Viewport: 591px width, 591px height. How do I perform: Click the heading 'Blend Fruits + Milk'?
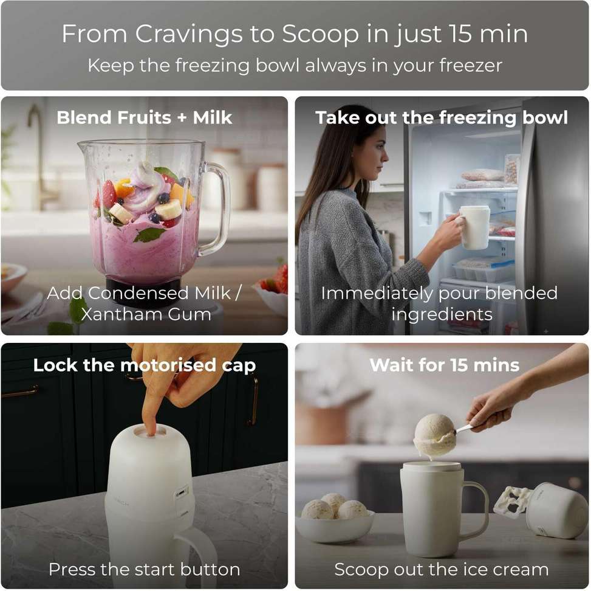pyautogui.click(x=145, y=117)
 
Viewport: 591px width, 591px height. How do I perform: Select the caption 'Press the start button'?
pyautogui.click(x=145, y=569)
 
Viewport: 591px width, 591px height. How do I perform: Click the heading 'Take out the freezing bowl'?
pyautogui.click(x=442, y=117)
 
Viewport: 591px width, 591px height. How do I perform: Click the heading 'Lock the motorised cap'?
pyautogui.click(x=145, y=365)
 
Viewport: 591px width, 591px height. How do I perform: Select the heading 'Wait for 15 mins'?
pyautogui.click(x=445, y=365)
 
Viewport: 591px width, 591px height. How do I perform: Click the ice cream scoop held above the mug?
pyautogui.click(x=434, y=435)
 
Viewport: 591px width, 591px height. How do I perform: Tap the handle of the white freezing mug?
pyautogui.click(x=477, y=510)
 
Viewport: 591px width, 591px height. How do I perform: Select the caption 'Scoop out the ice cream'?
pyautogui.click(x=442, y=569)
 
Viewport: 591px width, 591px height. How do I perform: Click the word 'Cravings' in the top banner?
pyautogui.click(x=188, y=35)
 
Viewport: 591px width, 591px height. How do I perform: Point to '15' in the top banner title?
pyautogui.click(x=460, y=33)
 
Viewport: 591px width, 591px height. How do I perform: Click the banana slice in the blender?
pyautogui.click(x=168, y=209)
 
